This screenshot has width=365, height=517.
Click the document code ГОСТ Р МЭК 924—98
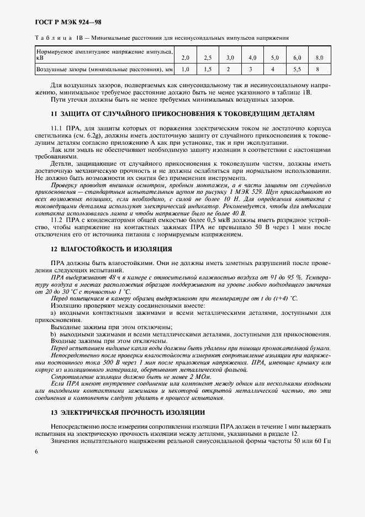(60, 22)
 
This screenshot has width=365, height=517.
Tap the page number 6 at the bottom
(36, 452)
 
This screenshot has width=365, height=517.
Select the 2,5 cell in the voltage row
(208, 57)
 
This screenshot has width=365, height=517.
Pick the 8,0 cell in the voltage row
(319, 57)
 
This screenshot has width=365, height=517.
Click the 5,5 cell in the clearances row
(297, 70)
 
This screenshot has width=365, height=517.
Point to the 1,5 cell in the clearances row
(208, 70)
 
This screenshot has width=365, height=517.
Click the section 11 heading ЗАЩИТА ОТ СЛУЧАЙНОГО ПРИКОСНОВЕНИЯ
(182, 113)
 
